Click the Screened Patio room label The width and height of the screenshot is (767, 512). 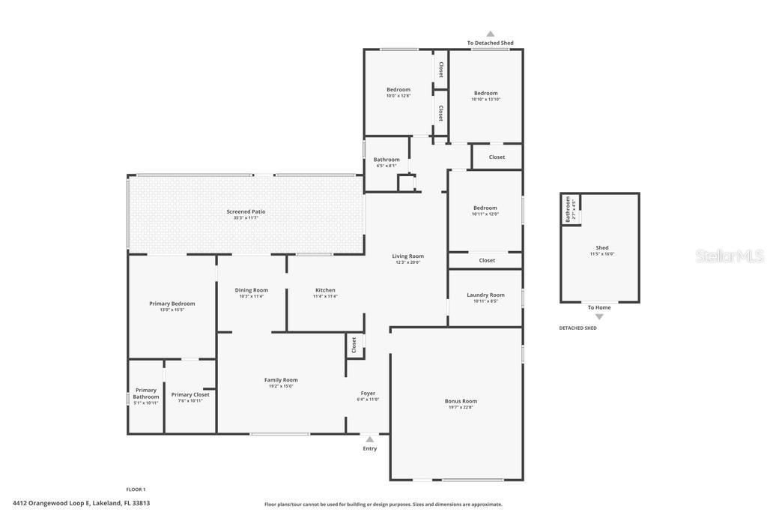click(246, 211)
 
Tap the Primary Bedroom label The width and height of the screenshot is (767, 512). click(172, 304)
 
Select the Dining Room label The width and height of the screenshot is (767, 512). click(251, 290)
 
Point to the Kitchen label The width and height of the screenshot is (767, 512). click(325, 290)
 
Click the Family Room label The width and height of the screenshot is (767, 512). click(281, 380)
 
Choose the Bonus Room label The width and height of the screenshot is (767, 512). click(461, 401)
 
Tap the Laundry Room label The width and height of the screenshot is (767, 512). click(485, 295)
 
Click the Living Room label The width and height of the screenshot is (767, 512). click(407, 256)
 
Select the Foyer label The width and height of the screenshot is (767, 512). click(368, 394)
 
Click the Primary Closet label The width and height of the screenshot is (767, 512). click(190, 394)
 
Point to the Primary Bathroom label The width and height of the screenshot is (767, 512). click(146, 394)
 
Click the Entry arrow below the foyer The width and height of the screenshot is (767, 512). click(369, 439)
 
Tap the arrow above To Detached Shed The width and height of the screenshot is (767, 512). click(491, 34)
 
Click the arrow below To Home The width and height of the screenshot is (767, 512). click(599, 317)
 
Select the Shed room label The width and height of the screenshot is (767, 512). click(602, 247)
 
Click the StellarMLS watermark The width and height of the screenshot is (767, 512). click(730, 256)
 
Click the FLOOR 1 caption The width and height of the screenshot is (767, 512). click(136, 490)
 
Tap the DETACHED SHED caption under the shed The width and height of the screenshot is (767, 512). click(577, 328)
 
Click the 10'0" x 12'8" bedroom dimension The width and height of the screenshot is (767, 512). click(398, 96)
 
